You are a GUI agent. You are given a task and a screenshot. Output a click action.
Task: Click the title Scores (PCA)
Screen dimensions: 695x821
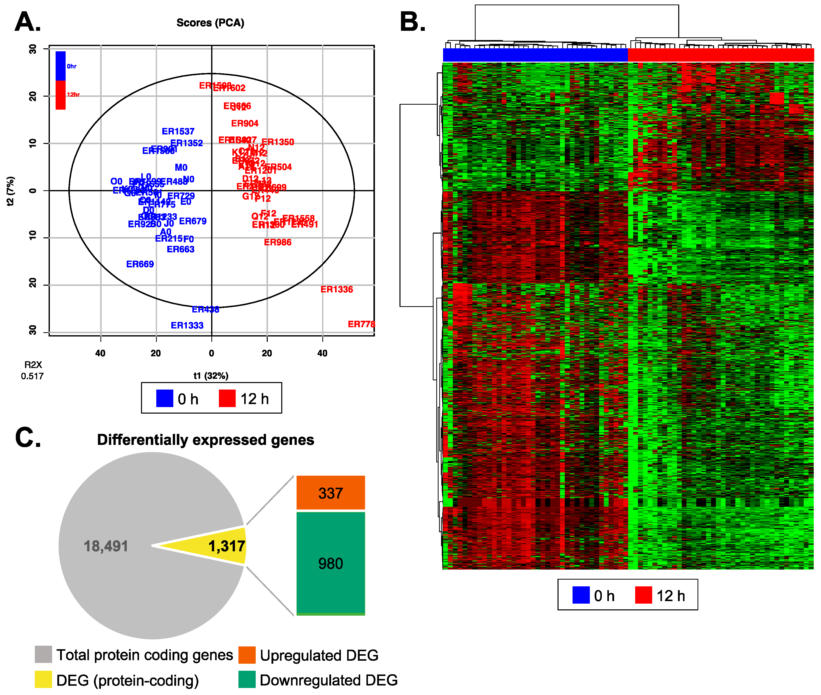pos(210,23)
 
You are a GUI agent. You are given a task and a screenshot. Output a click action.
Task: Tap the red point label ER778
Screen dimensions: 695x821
pos(361,324)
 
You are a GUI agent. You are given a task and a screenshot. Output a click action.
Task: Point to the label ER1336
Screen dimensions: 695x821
pos(337,290)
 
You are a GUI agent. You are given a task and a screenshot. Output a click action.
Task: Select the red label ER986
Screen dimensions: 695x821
pos(278,243)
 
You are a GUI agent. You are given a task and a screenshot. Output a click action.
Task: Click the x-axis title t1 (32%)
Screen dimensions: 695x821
pos(211,376)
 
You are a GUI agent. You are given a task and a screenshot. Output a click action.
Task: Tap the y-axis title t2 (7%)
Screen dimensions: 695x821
pos(11,191)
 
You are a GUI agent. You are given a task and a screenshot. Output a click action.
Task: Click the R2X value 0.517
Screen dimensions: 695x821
pos(32,376)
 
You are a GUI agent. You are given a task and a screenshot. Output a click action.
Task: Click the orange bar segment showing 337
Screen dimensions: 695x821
pos(330,493)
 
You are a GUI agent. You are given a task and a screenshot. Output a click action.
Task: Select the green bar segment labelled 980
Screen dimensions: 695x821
pos(330,563)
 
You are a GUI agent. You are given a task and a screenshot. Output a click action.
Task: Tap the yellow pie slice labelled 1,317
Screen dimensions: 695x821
pos(221,546)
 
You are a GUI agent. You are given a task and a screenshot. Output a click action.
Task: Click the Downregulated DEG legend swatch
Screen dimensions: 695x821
pos(247,680)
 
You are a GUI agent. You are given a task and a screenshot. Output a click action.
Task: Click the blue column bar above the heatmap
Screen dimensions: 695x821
pos(535,55)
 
